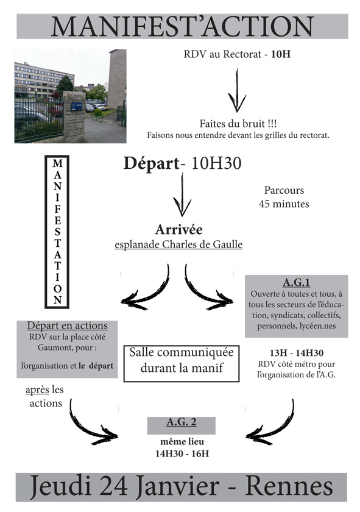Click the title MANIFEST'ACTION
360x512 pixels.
coord(182,26)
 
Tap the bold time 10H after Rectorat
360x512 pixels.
coord(281,54)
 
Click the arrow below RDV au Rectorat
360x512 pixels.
coord(237,90)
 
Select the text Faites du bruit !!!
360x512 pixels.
coord(238,124)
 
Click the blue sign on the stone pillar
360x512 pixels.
coord(76,107)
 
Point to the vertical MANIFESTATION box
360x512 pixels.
coord(57,232)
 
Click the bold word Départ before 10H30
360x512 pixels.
coord(152,163)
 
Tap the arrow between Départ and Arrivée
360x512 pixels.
coord(182,194)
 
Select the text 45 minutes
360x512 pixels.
coord(284,204)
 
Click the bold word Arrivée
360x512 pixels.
coord(178,230)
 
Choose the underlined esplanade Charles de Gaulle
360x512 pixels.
coord(178,244)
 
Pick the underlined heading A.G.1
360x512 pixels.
coord(297,282)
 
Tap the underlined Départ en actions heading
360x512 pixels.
coord(67,325)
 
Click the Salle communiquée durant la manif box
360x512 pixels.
coord(182,363)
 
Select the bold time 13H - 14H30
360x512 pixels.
coord(297,353)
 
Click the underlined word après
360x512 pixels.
coord(37,390)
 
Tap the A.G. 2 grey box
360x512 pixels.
coord(181,425)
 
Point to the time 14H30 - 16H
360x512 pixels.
coord(182,453)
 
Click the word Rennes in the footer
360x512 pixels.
coord(289,487)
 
